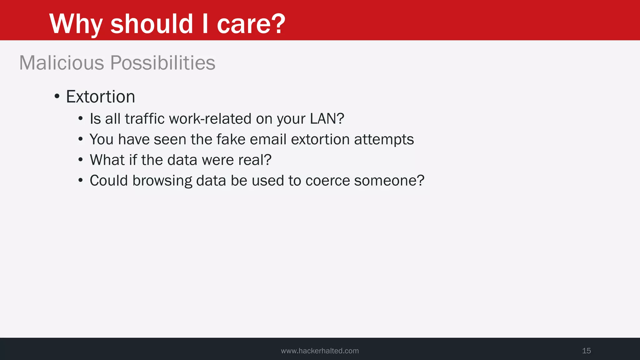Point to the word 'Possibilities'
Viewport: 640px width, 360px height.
click(x=163, y=63)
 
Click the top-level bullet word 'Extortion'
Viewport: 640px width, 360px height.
click(x=100, y=97)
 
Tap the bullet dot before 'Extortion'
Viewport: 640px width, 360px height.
click(x=57, y=96)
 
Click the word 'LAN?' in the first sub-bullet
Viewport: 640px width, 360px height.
click(x=327, y=119)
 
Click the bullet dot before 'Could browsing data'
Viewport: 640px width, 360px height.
click(x=81, y=180)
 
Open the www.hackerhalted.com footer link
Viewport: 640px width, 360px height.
click(x=320, y=351)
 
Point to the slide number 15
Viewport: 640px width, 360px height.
click(x=586, y=351)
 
